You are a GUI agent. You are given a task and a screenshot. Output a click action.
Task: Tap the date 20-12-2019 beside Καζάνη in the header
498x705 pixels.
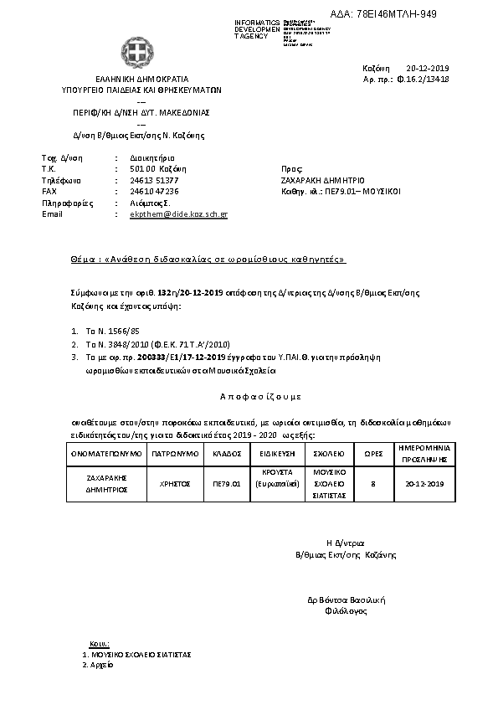coord(428,68)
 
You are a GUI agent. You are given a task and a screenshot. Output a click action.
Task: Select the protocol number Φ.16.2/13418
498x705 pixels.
coord(423,80)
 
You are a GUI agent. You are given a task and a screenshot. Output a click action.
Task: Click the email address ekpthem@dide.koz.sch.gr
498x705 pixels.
coord(179,214)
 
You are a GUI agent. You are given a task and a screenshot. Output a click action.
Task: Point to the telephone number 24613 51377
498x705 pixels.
coord(154,180)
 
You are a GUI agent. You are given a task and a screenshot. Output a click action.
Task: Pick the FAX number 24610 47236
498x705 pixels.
coord(154,191)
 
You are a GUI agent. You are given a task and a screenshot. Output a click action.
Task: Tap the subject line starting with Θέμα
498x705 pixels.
coord(208,260)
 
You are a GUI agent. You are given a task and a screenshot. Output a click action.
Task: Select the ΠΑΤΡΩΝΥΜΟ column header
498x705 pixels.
coord(175,453)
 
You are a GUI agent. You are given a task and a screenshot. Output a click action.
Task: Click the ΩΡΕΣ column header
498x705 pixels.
coord(372,453)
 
